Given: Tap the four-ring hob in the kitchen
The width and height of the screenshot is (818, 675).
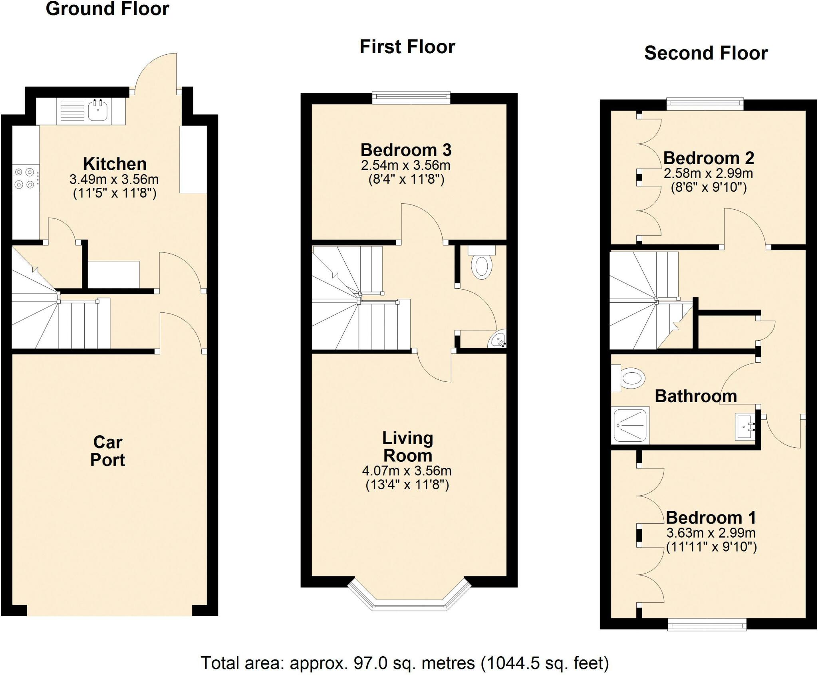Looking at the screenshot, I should tap(24, 179).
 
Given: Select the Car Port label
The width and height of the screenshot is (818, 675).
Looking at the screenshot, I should tap(107, 451).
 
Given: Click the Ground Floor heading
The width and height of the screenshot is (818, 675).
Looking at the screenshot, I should tap(107, 9).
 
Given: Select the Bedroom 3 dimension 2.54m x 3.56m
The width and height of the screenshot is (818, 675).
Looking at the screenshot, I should tap(405, 165).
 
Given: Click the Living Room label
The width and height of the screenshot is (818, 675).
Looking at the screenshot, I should tap(407, 447).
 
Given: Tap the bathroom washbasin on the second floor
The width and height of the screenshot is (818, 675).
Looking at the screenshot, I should tap(745, 427).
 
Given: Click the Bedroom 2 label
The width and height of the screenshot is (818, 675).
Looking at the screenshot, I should tap(709, 158).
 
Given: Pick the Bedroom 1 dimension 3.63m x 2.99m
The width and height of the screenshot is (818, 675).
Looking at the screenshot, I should tap(711, 533).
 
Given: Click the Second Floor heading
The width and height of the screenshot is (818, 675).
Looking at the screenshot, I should tap(706, 53).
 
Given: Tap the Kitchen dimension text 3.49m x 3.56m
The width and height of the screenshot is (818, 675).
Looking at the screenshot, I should tap(114, 179).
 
